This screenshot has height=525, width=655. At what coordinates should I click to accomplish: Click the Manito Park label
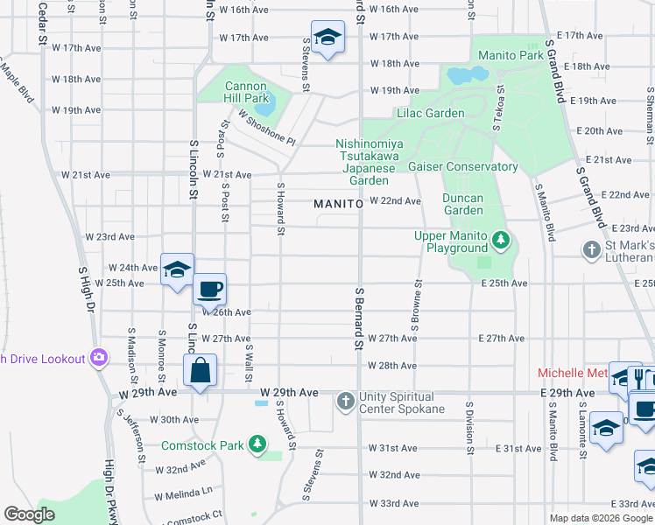[x=511, y=55]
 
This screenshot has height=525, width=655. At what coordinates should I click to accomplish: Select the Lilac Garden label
[x=430, y=114]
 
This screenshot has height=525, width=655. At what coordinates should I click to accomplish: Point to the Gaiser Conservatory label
[x=462, y=166]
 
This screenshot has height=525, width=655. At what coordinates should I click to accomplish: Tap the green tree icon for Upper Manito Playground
[x=500, y=239]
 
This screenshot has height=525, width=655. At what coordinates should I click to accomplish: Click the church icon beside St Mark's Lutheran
[x=591, y=250]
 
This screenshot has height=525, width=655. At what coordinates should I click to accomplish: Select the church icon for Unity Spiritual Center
[x=345, y=402]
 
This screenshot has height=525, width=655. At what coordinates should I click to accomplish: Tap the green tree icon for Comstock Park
[x=257, y=445]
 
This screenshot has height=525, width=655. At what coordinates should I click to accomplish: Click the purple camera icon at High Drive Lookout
[x=99, y=358]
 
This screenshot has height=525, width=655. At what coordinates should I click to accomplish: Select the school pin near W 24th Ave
[x=176, y=269]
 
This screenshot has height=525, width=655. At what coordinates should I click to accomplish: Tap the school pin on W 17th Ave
[x=327, y=38]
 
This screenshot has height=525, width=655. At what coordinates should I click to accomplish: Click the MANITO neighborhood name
[x=338, y=204]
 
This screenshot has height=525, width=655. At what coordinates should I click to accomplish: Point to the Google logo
[x=30, y=514]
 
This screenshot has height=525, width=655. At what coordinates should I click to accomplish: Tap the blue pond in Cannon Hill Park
[x=267, y=106]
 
